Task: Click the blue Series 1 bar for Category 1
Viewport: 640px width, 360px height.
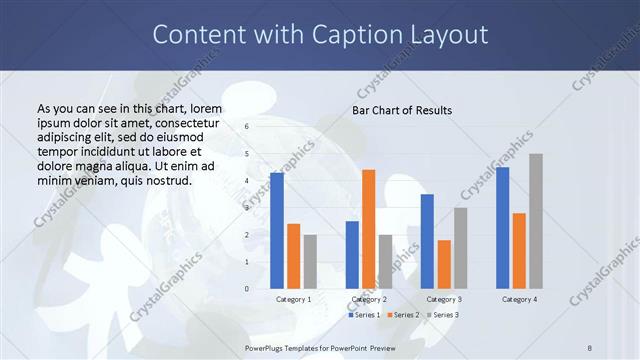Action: [x=277, y=231]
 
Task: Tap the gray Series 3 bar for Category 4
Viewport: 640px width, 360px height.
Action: [x=536, y=221]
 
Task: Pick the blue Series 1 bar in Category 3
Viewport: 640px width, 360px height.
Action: [x=427, y=241]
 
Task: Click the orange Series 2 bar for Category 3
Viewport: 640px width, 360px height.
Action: [x=444, y=264]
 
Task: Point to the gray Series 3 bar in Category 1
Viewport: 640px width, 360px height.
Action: [x=310, y=262]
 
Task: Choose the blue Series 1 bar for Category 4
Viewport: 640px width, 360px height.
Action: [x=502, y=228]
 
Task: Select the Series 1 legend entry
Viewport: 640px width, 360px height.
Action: [x=364, y=315]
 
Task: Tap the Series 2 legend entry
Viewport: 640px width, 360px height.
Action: [x=403, y=315]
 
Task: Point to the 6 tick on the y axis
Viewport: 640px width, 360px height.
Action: [x=246, y=127]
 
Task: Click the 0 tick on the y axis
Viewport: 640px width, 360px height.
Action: [x=246, y=289]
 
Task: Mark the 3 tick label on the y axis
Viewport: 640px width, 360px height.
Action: [x=246, y=208]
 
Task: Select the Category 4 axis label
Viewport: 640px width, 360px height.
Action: [x=519, y=299]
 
